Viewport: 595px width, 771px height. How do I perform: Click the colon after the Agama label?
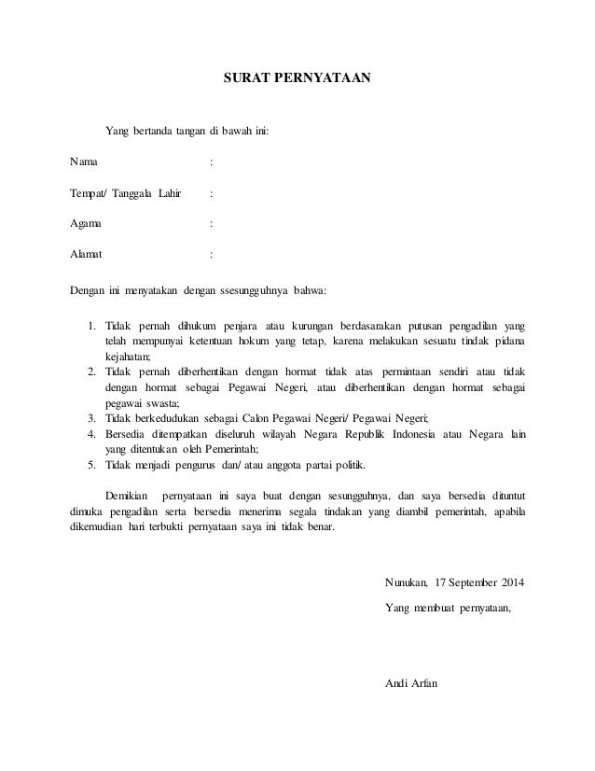tap(213, 224)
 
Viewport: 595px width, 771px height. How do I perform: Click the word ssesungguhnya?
tap(254, 290)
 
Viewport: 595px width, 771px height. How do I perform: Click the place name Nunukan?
tap(406, 584)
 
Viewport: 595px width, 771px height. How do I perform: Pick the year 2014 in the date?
tap(511, 584)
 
